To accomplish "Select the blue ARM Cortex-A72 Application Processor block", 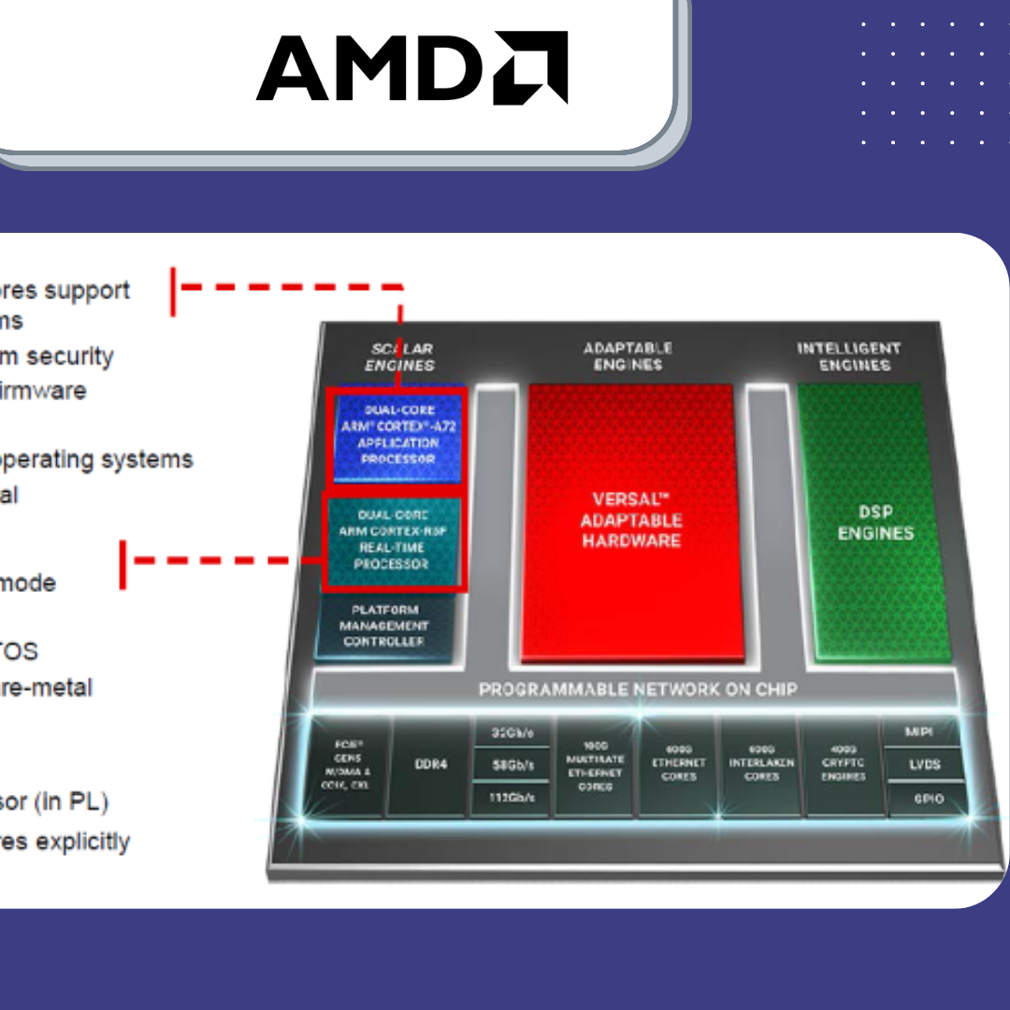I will [x=398, y=435].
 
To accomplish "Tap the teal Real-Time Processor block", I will [x=392, y=541].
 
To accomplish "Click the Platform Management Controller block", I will [x=384, y=626].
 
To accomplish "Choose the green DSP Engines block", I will [x=874, y=522].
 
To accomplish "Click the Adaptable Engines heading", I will [x=628, y=356].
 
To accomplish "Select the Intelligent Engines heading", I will [x=848, y=356].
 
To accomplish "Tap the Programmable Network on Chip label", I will [x=638, y=689].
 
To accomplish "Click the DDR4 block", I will [x=430, y=764].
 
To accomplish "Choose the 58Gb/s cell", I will [x=512, y=766].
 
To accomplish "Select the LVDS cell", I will [x=924, y=765].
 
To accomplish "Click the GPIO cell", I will [x=928, y=799].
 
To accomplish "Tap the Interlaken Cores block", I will [x=761, y=763].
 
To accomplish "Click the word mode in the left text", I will [x=27, y=583].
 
